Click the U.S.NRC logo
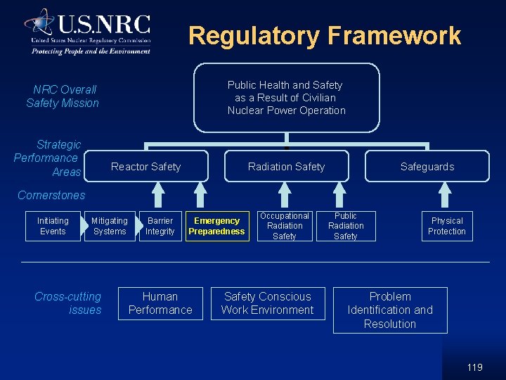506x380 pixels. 88,31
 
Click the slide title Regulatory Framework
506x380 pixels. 325,35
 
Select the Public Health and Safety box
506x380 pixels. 286,98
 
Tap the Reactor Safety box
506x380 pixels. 146,167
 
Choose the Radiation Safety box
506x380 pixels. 286,167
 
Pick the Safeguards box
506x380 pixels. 427,167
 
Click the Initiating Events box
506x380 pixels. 53,226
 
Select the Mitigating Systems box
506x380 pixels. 110,226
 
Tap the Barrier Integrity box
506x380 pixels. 160,226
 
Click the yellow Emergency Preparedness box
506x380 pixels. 217,226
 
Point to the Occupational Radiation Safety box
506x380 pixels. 285,226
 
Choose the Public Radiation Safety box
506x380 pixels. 346,226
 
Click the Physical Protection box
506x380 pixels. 447,226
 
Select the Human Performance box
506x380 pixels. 160,303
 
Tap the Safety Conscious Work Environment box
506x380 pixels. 268,303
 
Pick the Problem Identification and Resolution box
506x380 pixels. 390,310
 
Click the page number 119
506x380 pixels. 474,367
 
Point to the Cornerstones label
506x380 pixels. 51,196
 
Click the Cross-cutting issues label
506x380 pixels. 68,303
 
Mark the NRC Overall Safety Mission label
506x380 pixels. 63,96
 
